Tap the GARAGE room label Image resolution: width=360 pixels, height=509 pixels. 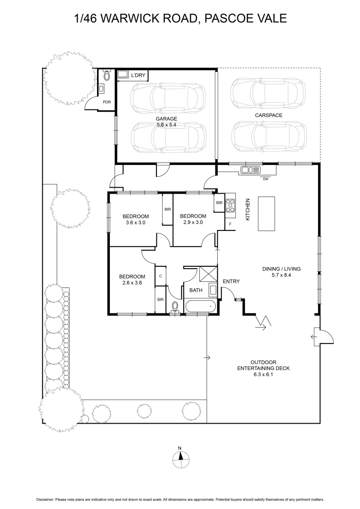tap(166, 119)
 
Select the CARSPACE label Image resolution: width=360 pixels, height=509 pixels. tap(269, 115)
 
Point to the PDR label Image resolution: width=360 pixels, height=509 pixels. tap(107, 102)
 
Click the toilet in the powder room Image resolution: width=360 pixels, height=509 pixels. tap(106, 75)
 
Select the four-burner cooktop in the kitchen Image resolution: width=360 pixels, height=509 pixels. tap(230, 205)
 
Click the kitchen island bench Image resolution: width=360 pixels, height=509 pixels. tap(267, 213)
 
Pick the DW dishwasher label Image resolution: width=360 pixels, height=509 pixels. tap(266, 179)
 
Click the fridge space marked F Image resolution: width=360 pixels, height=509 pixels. tap(230, 224)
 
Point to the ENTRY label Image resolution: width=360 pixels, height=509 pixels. tap(231, 281)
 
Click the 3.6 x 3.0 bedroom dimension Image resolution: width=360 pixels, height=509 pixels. tap(135, 222)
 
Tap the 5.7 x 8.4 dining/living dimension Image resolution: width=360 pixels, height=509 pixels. tap(281, 275)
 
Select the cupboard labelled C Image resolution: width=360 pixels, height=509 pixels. tap(160, 276)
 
